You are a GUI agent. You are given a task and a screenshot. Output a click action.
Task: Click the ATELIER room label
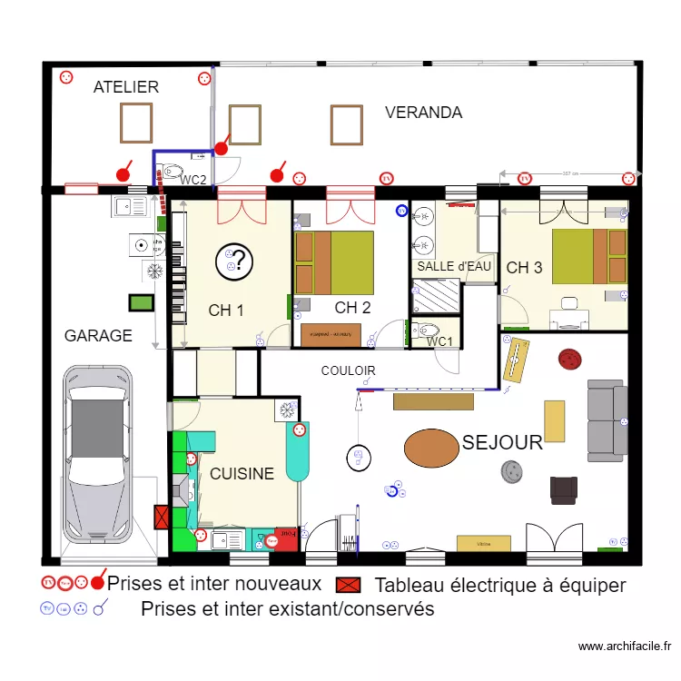pyautogui.click(x=126, y=87)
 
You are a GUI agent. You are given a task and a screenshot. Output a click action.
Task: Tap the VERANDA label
pyautogui.click(x=423, y=113)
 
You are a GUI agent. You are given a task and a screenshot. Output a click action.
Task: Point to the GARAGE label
pyautogui.click(x=98, y=335)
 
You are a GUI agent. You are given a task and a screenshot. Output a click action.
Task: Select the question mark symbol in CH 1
pyautogui.click(x=232, y=262)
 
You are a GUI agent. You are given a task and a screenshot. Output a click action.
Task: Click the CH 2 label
pyautogui.click(x=352, y=308)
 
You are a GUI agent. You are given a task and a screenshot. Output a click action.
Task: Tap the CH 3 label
pyautogui.click(x=525, y=268)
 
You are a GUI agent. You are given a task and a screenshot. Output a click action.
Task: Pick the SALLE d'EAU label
pyautogui.click(x=454, y=267)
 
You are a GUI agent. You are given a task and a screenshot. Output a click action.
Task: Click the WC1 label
pyautogui.click(x=440, y=341)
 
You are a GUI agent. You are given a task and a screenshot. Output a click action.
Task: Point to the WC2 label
pyautogui.click(x=192, y=181)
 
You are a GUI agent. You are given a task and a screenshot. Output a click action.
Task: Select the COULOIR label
pyautogui.click(x=348, y=370)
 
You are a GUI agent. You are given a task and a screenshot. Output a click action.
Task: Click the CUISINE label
pyautogui.click(x=242, y=473)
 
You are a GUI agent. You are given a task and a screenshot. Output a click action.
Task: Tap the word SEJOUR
pyautogui.click(x=502, y=443)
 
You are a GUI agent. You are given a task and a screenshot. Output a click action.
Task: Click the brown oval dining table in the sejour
pyautogui.click(x=431, y=448)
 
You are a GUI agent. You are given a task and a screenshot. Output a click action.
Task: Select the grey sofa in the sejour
pyautogui.click(x=607, y=419)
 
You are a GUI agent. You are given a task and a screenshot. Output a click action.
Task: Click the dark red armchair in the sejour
pyautogui.click(x=563, y=489)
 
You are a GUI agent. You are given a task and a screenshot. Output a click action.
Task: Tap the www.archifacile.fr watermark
pyautogui.click(x=625, y=646)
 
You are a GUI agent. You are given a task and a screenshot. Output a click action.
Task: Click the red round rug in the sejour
pyautogui.click(x=569, y=360)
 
